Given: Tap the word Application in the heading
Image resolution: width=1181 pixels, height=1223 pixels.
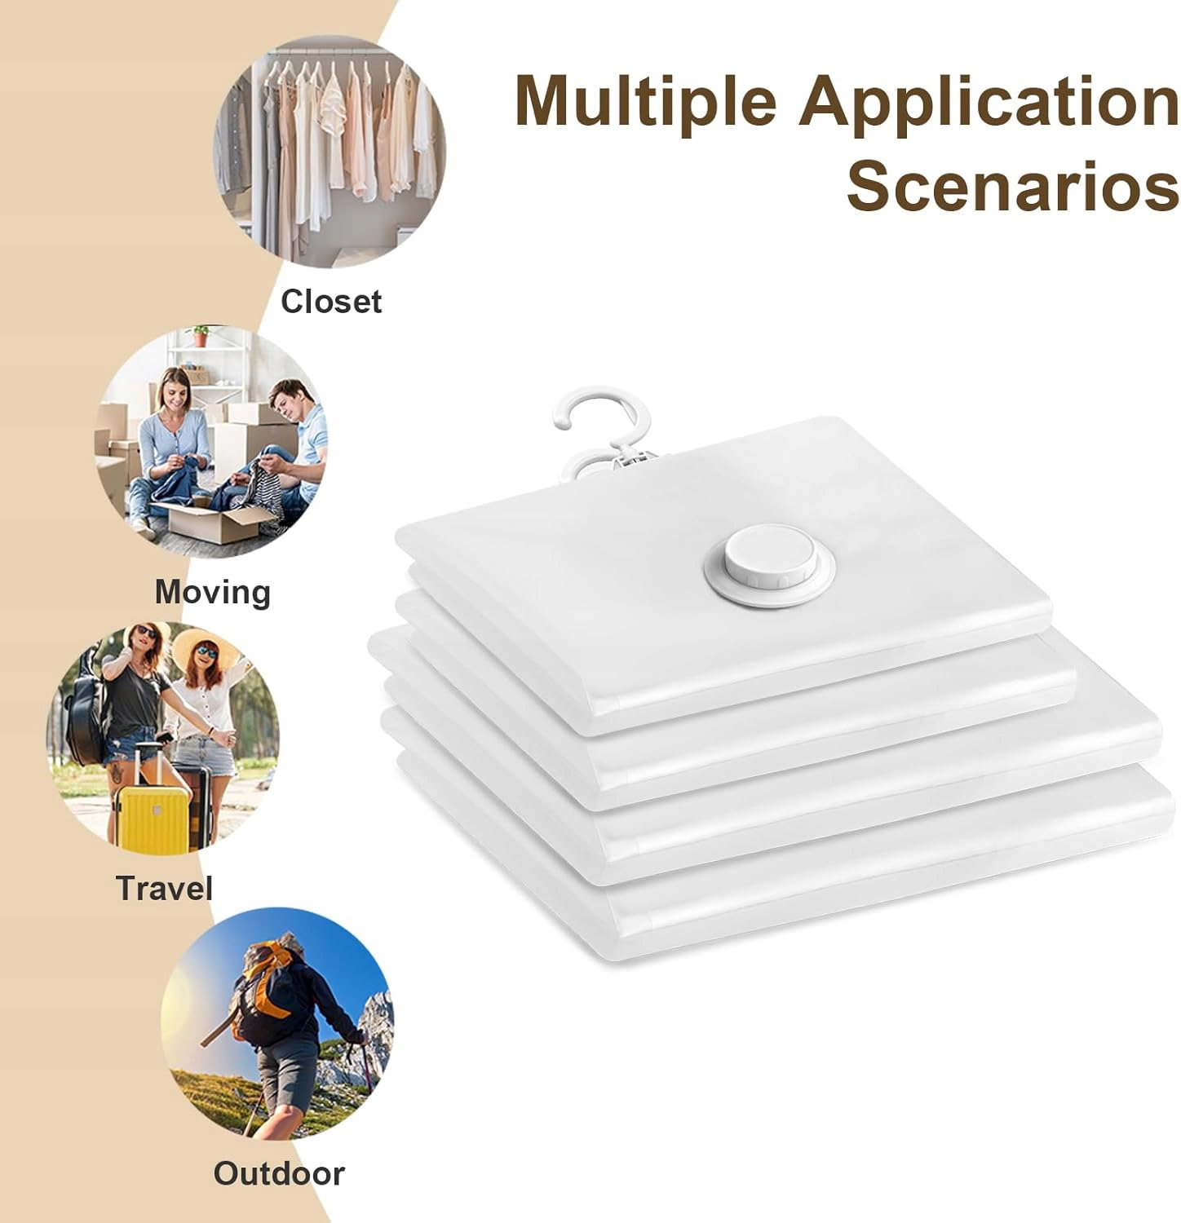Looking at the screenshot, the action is pos(989,102).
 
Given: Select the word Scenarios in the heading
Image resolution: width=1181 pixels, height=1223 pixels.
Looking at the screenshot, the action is pos(1013,187).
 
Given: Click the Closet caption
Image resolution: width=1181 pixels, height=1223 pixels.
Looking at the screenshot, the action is pos(331,302).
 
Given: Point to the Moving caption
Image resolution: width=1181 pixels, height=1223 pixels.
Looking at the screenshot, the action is pos(213,593).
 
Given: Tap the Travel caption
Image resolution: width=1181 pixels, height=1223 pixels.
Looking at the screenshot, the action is pos(164,888).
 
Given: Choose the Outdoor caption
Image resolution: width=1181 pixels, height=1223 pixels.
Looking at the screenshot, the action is pos(279,1174).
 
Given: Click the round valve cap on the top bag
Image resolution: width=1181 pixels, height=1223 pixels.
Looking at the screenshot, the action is pos(770,564).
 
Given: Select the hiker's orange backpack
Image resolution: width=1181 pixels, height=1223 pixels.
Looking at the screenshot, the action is pos(265,991).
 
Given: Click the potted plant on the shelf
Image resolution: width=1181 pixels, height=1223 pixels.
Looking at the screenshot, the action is pos(199,336).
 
